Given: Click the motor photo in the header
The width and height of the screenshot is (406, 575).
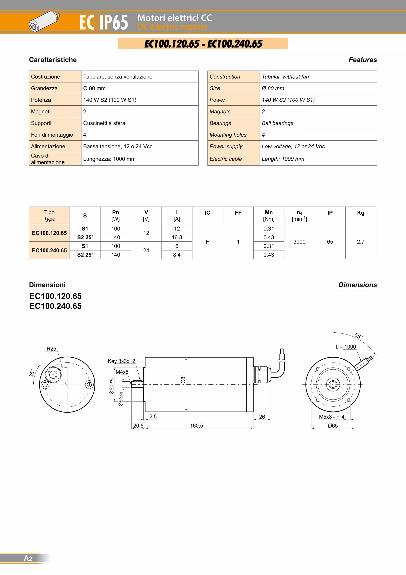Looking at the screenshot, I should click(44, 21).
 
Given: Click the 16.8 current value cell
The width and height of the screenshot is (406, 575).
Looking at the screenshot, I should click(177, 237).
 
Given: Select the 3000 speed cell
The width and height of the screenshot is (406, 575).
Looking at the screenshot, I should click(299, 242).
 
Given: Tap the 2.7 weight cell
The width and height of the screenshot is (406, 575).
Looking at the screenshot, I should click(360, 242).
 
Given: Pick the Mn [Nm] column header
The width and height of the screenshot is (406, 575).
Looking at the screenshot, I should click(269, 215).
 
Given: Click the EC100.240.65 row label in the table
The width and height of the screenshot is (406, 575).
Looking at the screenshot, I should click(49, 250).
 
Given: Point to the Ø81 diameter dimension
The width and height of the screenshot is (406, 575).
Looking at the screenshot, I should click(183, 379).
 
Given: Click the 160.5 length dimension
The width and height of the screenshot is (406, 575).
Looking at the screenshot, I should click(196, 426).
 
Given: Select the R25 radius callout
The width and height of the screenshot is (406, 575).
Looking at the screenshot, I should click(51, 349).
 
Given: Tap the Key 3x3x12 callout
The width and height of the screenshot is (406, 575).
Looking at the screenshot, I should click(121, 361).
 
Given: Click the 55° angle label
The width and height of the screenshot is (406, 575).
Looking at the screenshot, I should click(358, 336).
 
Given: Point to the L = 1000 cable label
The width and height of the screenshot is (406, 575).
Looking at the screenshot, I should click(346, 347).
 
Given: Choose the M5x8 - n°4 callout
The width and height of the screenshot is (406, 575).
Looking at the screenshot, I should click(331, 417).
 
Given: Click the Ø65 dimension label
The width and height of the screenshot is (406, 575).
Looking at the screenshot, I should click(333, 426).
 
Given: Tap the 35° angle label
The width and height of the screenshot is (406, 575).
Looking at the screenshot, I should click(32, 373).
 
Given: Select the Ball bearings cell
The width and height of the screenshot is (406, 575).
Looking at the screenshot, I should click(278, 123).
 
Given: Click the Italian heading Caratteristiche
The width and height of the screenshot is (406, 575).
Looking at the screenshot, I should click(53, 60).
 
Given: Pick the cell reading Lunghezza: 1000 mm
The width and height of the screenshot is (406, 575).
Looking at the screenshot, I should click(109, 159).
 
